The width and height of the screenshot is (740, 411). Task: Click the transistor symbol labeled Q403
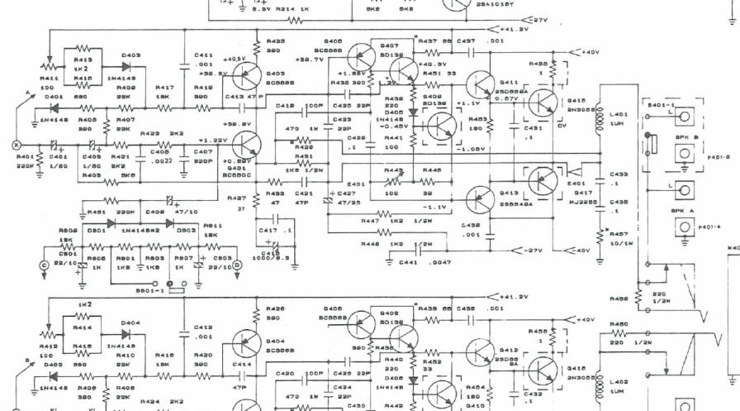247,76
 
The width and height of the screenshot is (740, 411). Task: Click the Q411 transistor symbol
480,88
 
